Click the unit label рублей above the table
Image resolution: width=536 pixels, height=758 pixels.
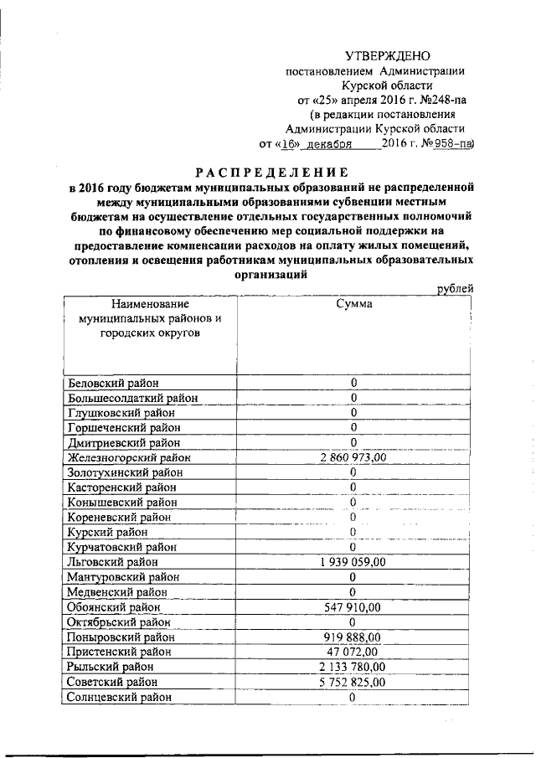(456, 289)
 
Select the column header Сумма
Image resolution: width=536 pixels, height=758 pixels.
(353, 305)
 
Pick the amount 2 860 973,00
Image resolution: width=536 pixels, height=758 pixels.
(353, 457)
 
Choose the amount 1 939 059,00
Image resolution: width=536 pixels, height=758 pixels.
(353, 562)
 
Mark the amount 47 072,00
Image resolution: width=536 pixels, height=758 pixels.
(353, 652)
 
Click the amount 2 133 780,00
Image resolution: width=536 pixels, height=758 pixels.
(353, 667)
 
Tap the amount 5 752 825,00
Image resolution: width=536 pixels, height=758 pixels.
(353, 682)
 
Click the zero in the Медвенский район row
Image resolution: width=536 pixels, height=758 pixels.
(353, 592)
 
